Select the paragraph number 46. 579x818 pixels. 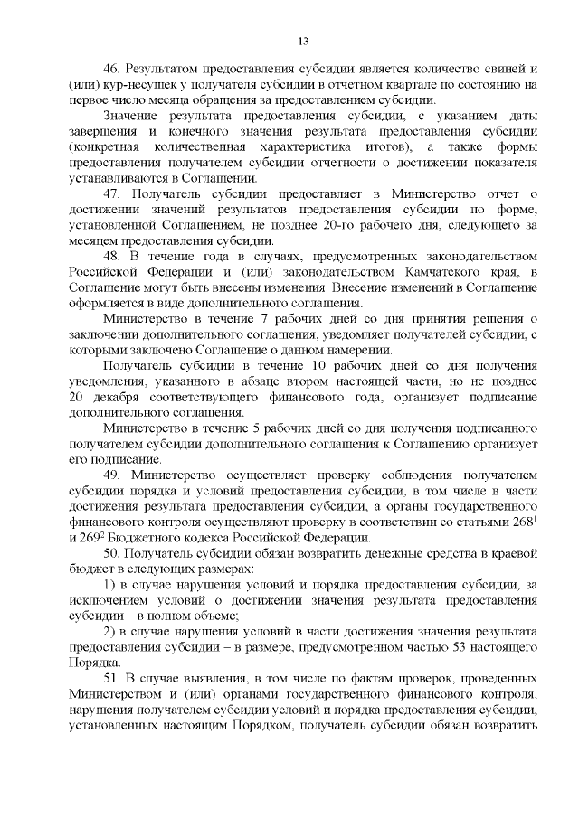(111, 69)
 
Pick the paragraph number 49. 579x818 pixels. (111, 474)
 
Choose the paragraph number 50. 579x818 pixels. (111, 551)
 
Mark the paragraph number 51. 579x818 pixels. (111, 677)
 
